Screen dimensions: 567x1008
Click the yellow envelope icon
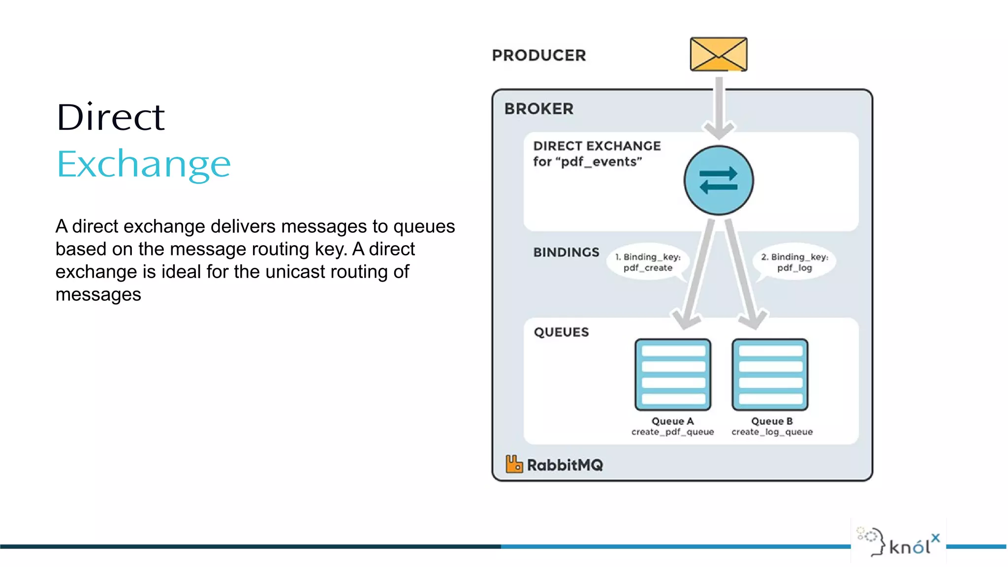tap(719, 54)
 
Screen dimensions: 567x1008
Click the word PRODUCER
tap(539, 55)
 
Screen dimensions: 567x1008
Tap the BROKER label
tap(539, 109)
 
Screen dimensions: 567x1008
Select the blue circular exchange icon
tap(719, 180)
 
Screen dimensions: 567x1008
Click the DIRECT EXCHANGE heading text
tap(597, 146)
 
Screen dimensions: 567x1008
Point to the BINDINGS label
tap(566, 252)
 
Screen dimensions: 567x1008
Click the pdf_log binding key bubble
tap(794, 262)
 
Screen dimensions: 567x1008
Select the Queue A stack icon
tap(673, 375)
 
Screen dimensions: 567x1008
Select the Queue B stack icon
tap(770, 375)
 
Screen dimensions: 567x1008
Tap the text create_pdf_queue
tap(672, 432)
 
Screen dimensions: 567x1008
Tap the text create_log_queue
tap(772, 432)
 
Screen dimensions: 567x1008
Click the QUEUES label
tap(561, 332)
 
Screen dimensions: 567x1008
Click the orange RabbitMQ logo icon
tap(514, 464)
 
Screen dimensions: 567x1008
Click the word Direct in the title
tap(110, 118)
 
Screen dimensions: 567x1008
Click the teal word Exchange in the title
tap(143, 164)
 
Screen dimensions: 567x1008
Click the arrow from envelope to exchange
tap(719, 106)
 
